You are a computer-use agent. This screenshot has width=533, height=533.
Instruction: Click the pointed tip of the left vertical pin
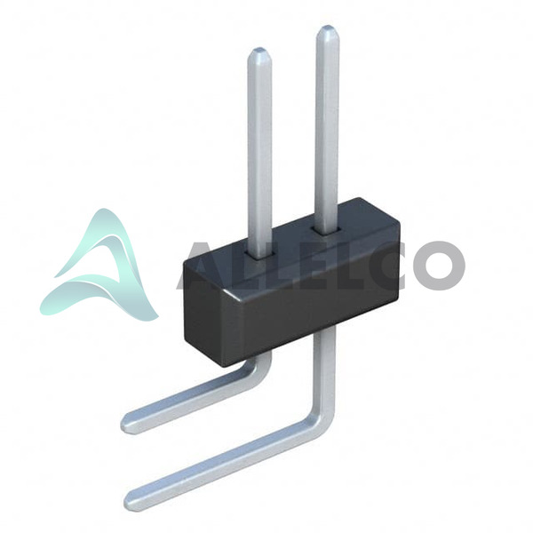[259, 49]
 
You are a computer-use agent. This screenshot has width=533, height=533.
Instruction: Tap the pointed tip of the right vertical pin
[327, 27]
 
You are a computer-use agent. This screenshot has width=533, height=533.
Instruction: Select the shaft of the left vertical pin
[259, 153]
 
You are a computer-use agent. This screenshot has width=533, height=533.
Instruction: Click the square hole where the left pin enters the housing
[260, 256]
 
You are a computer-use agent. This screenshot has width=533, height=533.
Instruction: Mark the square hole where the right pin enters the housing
[327, 231]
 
